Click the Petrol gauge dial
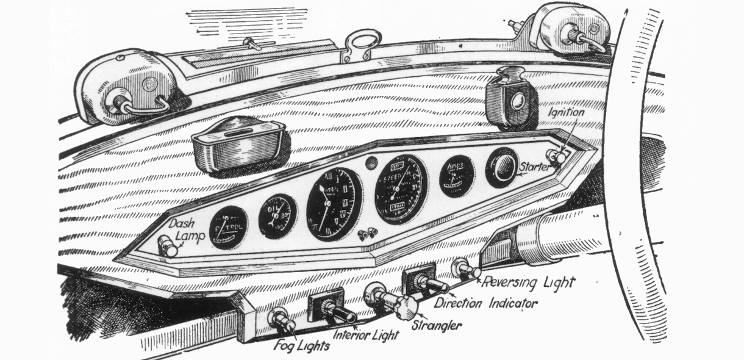tap(227, 228)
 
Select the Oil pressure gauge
tap(277, 215)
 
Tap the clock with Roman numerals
tap(334, 203)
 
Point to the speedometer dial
tap(401, 189)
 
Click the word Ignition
tap(565, 112)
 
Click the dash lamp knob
tap(167, 248)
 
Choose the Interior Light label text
tap(366, 335)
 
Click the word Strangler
tap(437, 325)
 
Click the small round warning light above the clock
tap(370, 163)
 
